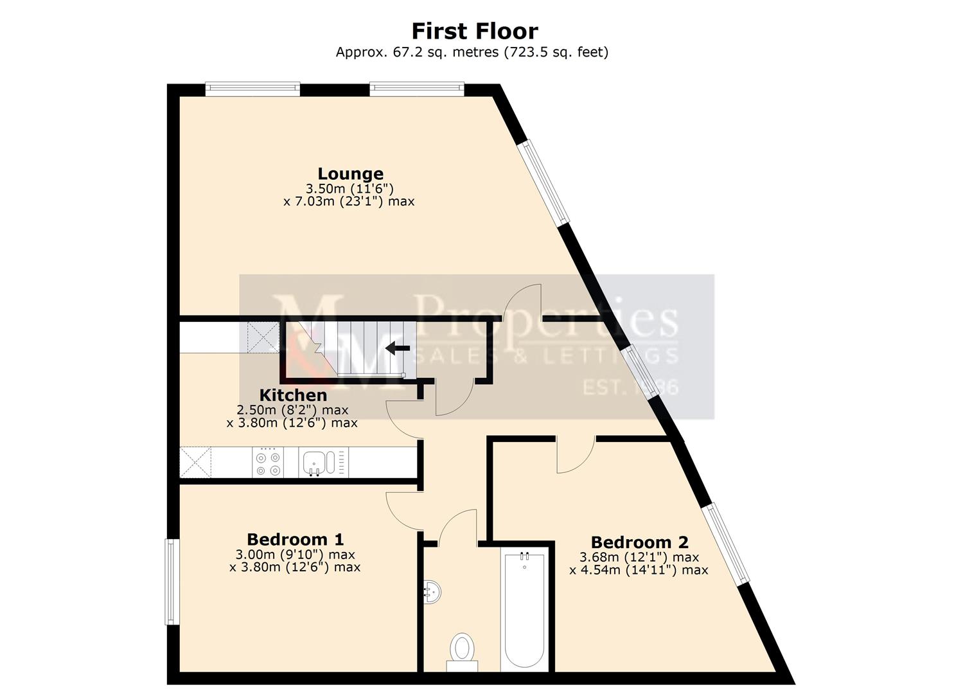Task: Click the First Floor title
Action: (x=474, y=31)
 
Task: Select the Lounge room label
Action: (x=350, y=173)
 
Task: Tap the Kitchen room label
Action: (x=293, y=395)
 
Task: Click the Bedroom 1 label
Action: (x=295, y=539)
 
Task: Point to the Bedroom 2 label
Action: (x=639, y=542)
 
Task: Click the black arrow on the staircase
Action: (x=398, y=348)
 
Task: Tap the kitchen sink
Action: (x=316, y=462)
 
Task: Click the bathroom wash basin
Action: (x=432, y=592)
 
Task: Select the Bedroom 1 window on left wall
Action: (x=171, y=582)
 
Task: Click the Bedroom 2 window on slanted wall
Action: (x=725, y=544)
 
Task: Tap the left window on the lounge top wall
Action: (x=252, y=89)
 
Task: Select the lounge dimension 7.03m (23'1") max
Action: (x=349, y=201)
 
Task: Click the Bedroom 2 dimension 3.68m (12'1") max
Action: (x=639, y=557)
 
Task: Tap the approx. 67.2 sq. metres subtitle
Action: (x=472, y=52)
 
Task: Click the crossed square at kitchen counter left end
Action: (x=195, y=463)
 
